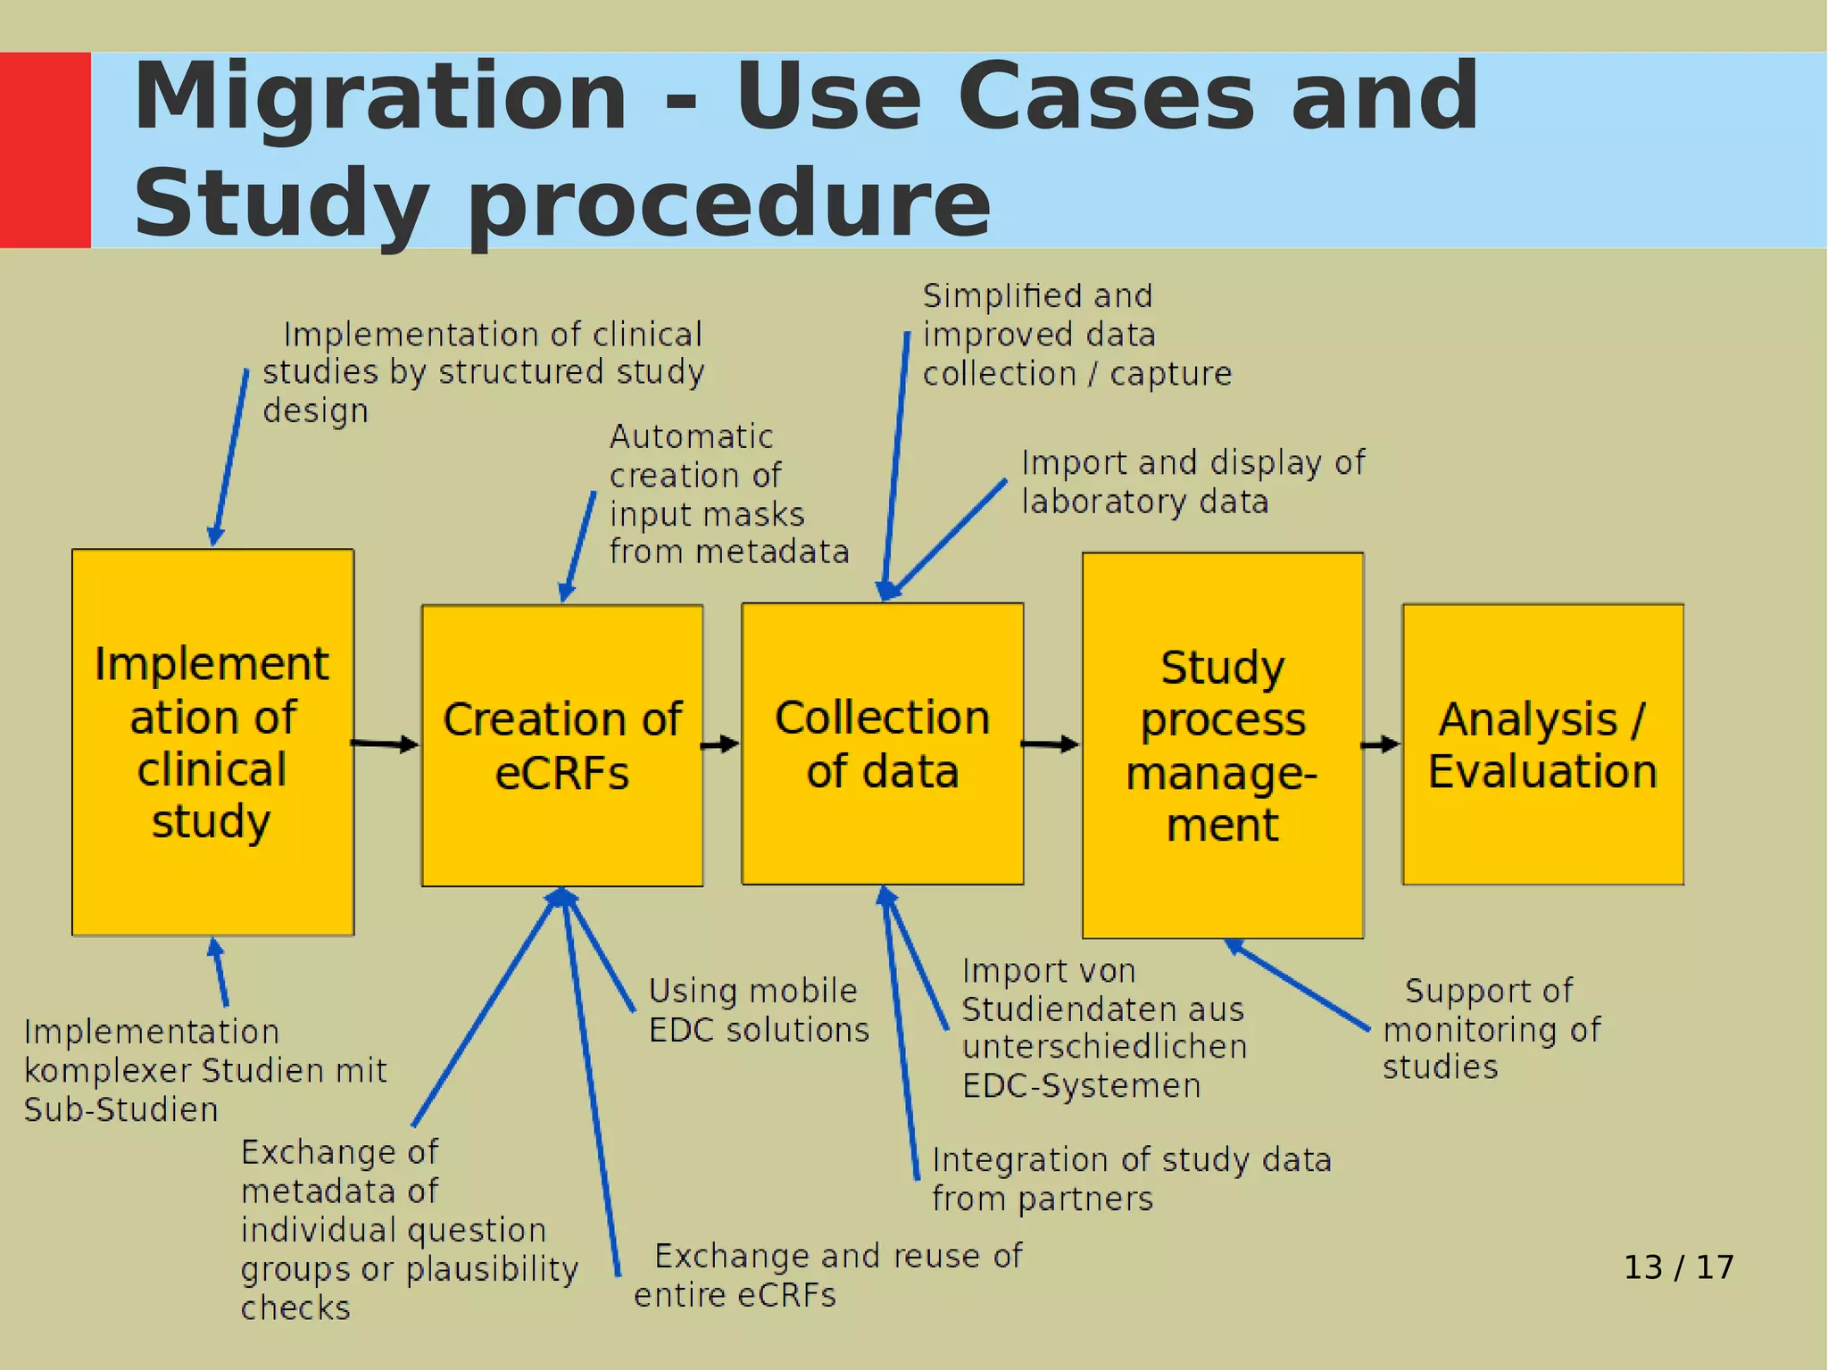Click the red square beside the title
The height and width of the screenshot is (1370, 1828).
pyautogui.click(x=45, y=149)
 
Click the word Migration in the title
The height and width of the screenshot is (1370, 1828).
pyautogui.click(x=380, y=96)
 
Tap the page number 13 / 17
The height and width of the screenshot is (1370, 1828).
pyautogui.click(x=1678, y=1267)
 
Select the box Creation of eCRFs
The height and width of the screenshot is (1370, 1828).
pyautogui.click(x=562, y=745)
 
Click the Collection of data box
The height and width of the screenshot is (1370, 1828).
pyautogui.click(x=882, y=743)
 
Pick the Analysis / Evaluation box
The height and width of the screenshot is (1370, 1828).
pyautogui.click(x=1542, y=744)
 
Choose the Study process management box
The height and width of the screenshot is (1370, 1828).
pyautogui.click(x=1222, y=745)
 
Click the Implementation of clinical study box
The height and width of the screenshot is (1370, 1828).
pyautogui.click(x=212, y=742)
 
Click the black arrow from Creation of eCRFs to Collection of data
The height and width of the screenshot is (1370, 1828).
pyautogui.click(x=720, y=743)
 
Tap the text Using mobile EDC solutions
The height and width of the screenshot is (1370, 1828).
pyautogui.click(x=758, y=1010)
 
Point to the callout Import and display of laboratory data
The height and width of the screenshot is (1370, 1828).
pyautogui.click(x=1192, y=482)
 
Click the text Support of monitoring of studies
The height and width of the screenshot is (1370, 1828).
pyautogui.click(x=1491, y=1028)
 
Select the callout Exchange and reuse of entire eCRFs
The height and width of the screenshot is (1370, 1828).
pyautogui.click(x=827, y=1275)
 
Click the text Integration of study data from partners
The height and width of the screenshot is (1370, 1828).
pyautogui.click(x=1131, y=1178)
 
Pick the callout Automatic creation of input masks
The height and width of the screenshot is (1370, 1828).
pyautogui.click(x=727, y=494)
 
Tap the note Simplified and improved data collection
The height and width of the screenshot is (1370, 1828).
pyautogui.click(x=1076, y=335)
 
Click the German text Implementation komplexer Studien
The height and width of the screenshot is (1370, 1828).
pyautogui.click(x=205, y=1070)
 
